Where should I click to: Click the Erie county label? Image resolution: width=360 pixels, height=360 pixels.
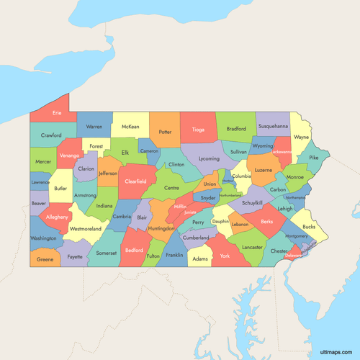pyautogui.click(x=57, y=114)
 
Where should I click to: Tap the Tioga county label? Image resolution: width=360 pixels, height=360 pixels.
pyautogui.click(x=199, y=130)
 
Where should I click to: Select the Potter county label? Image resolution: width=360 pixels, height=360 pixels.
pyautogui.click(x=165, y=132)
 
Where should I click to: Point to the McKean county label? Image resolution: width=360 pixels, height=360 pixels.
pyautogui.click(x=130, y=127)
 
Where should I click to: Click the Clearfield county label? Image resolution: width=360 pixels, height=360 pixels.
pyautogui.click(x=135, y=181)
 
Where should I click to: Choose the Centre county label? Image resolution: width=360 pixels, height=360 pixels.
pyautogui.click(x=172, y=188)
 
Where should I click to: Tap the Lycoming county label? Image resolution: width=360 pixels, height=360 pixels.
pyautogui.click(x=209, y=158)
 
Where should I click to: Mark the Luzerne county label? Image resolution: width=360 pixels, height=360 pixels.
pyautogui.click(x=263, y=171)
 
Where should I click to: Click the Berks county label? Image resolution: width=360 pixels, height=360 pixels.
pyautogui.click(x=267, y=222)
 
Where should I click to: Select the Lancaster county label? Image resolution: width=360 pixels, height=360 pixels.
pyautogui.click(x=252, y=247)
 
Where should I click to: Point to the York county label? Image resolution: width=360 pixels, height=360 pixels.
pyautogui.click(x=225, y=256)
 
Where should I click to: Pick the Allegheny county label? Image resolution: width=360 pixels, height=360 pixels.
pyautogui.click(x=57, y=216)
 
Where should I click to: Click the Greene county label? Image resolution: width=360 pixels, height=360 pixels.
pyautogui.click(x=45, y=259)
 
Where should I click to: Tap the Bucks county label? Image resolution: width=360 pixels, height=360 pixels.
pyautogui.click(x=309, y=227)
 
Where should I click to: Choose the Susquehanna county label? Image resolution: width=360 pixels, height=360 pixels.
pyautogui.click(x=273, y=126)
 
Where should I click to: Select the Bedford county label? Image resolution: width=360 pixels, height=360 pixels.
pyautogui.click(x=134, y=251)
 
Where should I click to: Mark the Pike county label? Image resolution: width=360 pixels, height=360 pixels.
pyautogui.click(x=313, y=157)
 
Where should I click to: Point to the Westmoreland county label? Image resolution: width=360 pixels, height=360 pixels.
pyautogui.click(x=86, y=229)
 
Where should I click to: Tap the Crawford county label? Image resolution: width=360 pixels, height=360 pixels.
pyautogui.click(x=51, y=135)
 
